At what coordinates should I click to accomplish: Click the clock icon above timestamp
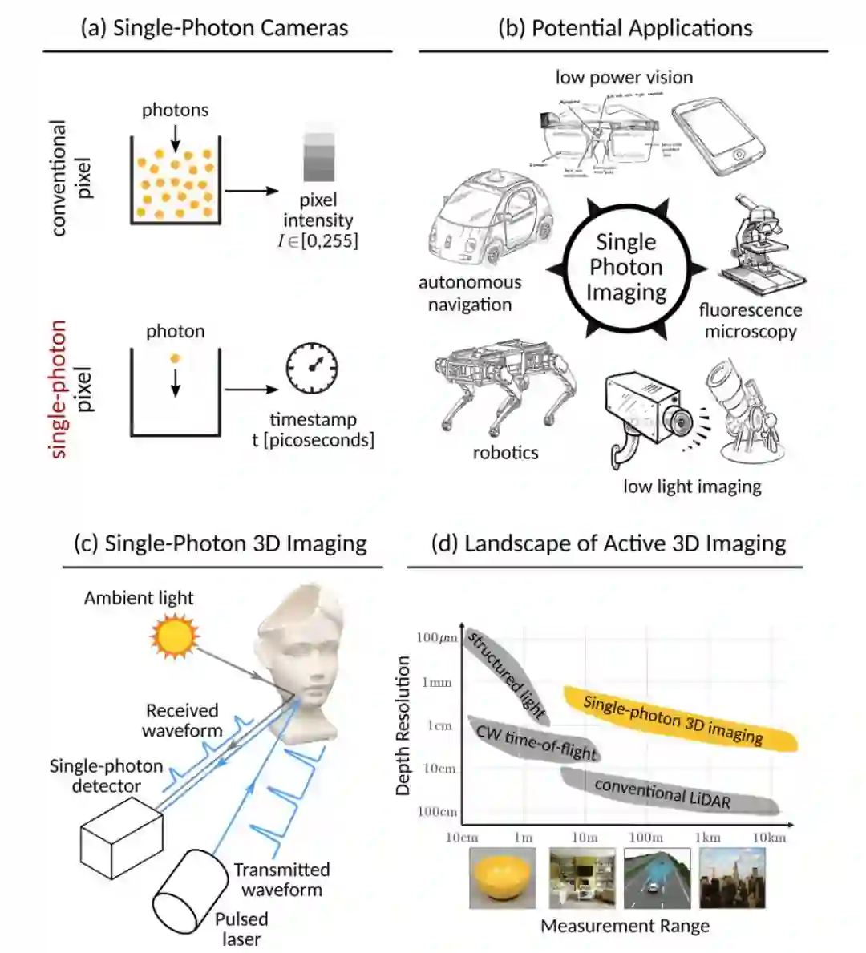(312, 369)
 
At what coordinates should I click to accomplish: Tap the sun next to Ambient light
(174, 636)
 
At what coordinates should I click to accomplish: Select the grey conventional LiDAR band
(666, 791)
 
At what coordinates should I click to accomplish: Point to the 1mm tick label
(437, 683)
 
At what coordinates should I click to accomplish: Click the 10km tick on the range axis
(769, 838)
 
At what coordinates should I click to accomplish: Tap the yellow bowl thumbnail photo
(502, 878)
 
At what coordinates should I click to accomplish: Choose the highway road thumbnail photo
(657, 878)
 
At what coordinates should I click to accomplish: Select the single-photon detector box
(120, 834)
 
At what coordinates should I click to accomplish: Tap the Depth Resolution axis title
(403, 725)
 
